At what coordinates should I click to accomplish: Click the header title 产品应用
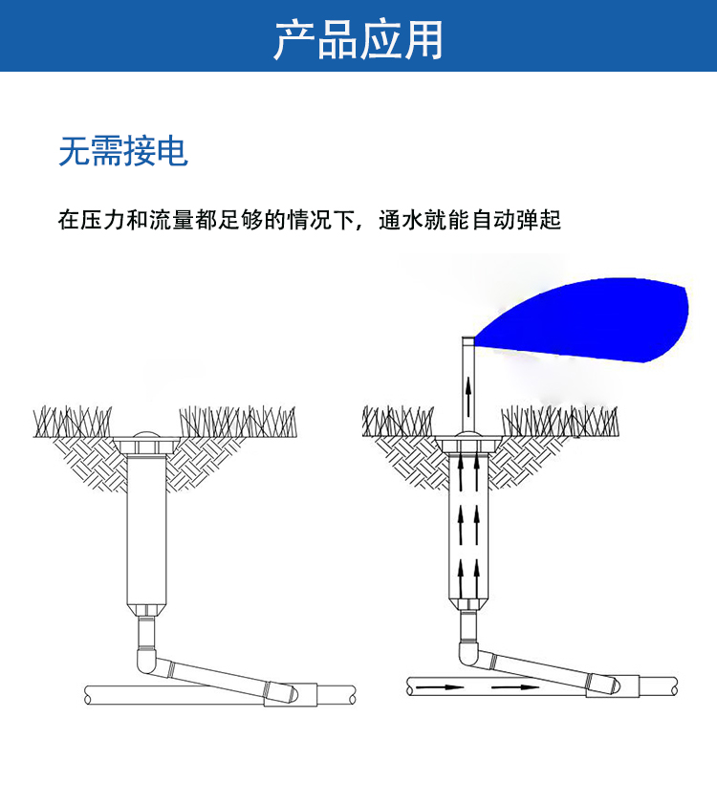358,39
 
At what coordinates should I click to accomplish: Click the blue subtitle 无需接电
123,151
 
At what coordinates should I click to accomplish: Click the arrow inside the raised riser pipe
469,393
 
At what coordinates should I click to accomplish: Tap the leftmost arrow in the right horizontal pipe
441,686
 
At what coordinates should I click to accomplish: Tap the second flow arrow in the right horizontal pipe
511,686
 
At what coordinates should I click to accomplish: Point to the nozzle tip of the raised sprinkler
468,339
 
